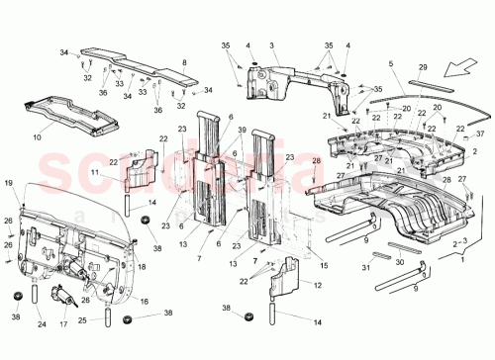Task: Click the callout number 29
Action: pos(424,66)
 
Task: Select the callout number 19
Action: pos(7,183)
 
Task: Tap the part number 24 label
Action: pos(41,322)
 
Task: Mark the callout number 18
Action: pos(142,266)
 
